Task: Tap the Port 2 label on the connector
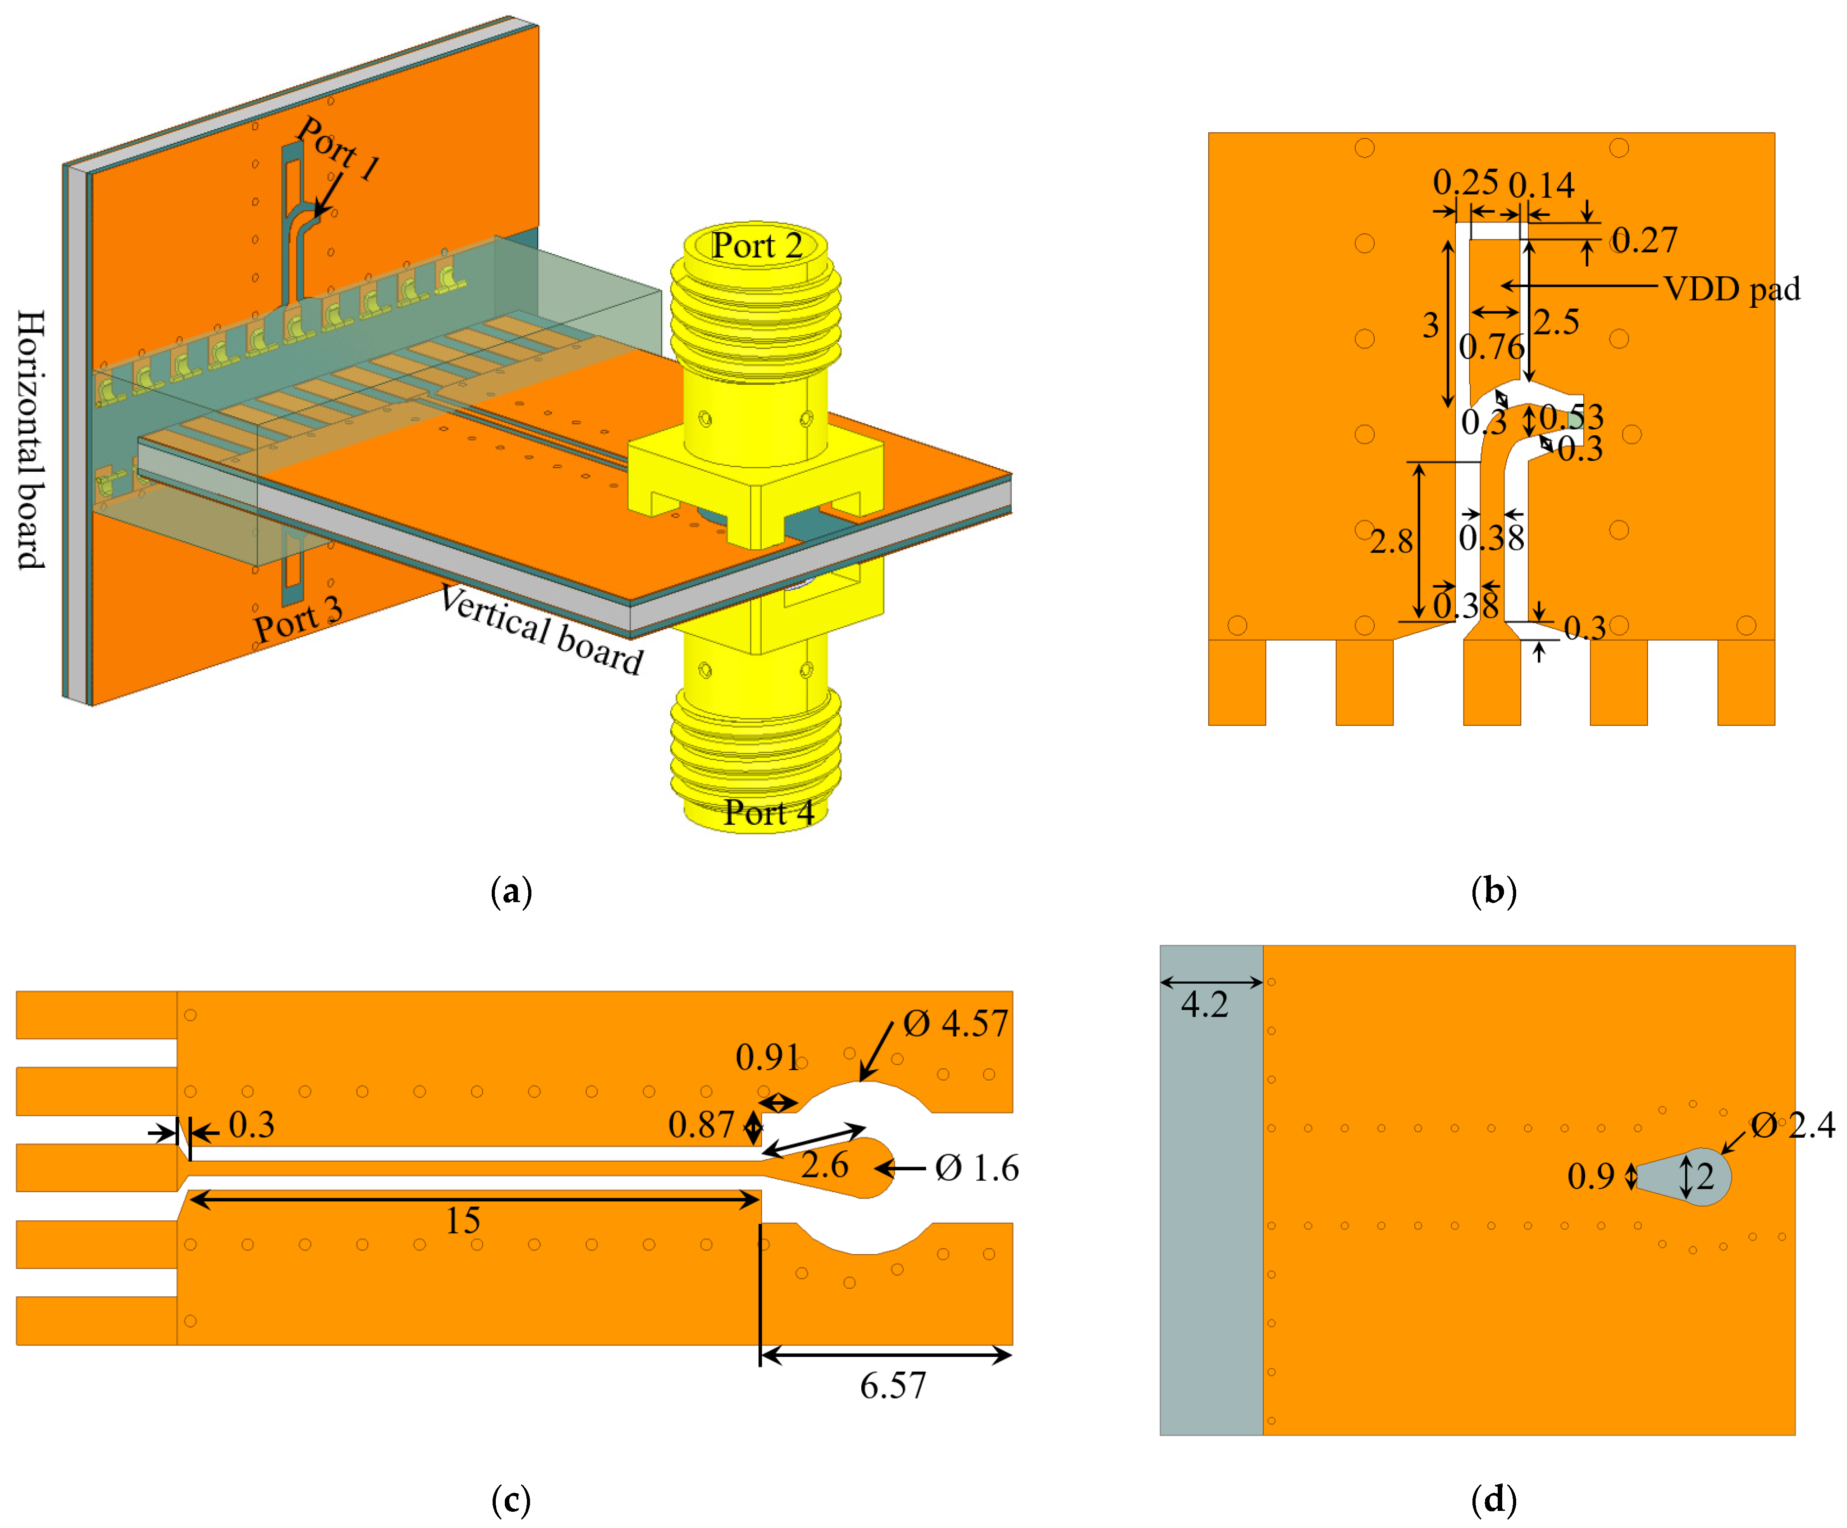click(756, 245)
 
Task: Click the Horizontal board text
click(31, 440)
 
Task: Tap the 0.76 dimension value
click(1492, 347)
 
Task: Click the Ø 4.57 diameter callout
click(956, 1023)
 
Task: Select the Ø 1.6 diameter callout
click(976, 1168)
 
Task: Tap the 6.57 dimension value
click(893, 1387)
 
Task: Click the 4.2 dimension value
click(1204, 1004)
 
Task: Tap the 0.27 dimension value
click(1644, 240)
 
